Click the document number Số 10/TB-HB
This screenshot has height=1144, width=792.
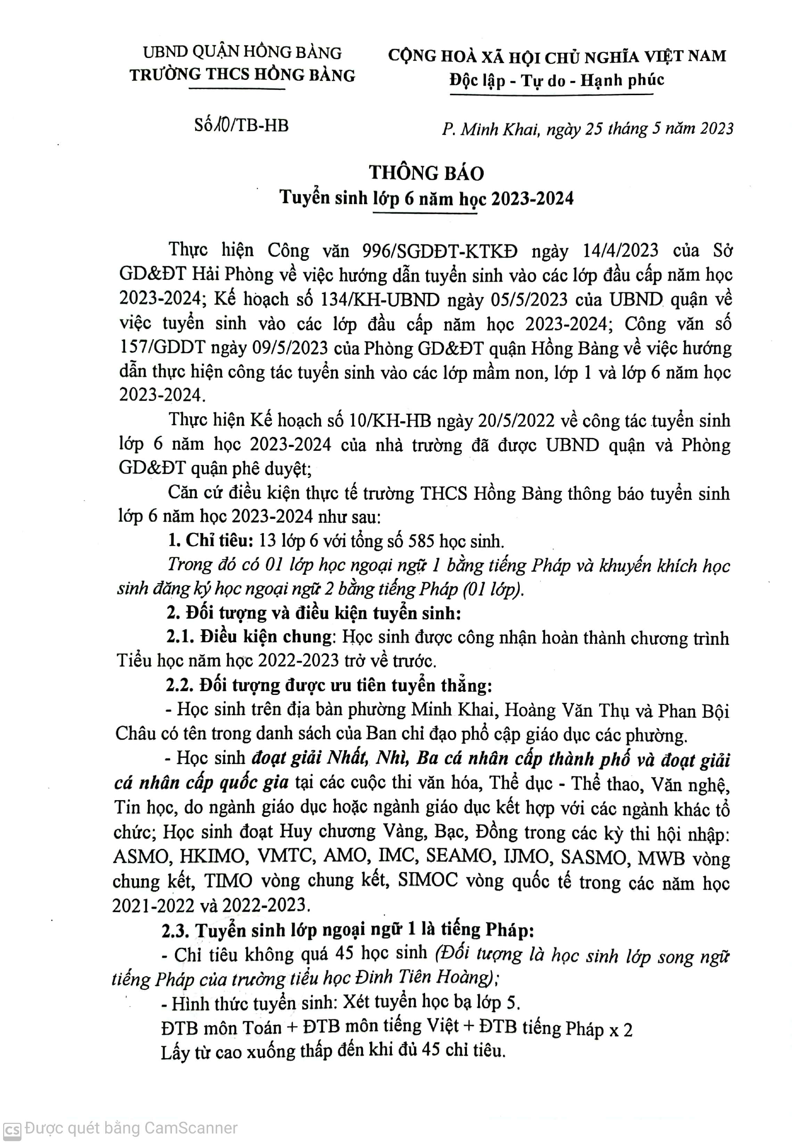241,125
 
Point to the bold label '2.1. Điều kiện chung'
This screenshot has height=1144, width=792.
248,638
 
